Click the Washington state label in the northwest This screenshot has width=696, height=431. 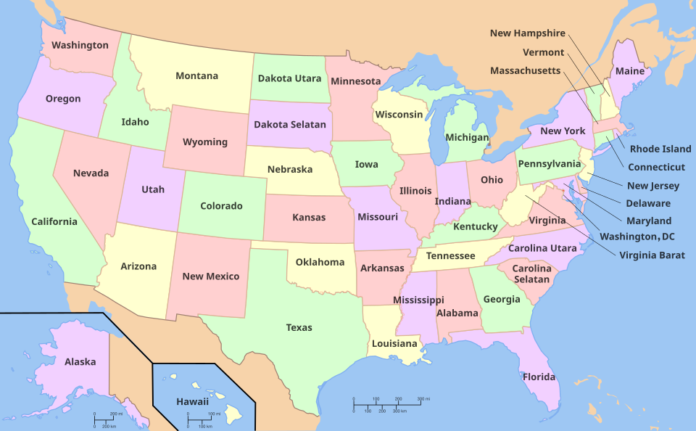80,45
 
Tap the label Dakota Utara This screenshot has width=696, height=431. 289,78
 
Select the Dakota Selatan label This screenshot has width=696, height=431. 290,124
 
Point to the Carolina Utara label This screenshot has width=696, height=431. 542,248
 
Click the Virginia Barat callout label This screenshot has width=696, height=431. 652,255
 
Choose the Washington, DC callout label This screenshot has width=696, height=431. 637,237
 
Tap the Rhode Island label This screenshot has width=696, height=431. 660,149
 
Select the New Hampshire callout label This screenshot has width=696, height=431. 527,33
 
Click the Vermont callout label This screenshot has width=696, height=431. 543,52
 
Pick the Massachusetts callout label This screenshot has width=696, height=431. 525,70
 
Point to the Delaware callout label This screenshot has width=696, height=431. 648,203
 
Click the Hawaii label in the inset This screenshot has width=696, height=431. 192,401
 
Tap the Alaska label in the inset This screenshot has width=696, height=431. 80,361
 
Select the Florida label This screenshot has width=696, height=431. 539,377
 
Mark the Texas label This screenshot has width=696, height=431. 299,327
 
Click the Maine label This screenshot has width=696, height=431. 629,71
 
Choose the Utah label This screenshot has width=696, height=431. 153,189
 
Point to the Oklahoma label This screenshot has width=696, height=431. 320,262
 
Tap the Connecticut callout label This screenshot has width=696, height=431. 656,167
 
